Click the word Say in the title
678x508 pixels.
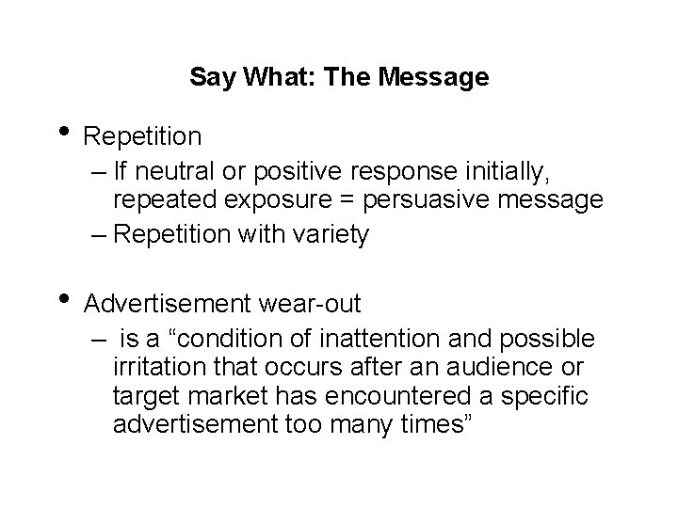coord(207,77)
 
